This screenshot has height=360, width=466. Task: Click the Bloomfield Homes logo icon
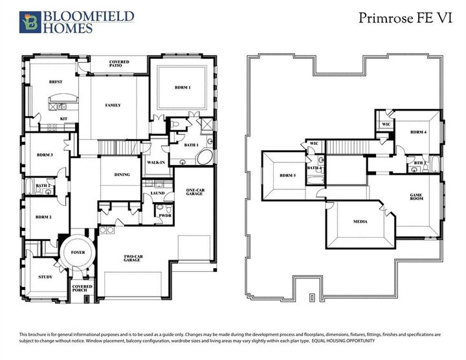(30, 21)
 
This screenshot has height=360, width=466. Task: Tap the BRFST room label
(56, 83)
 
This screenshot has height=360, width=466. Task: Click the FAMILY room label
(113, 105)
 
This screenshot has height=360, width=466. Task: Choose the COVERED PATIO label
(119, 63)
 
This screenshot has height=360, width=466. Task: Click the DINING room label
(122, 174)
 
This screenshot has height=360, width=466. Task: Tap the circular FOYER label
(78, 251)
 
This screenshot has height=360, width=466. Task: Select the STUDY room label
(45, 277)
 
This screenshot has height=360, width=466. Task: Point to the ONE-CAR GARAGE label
(195, 192)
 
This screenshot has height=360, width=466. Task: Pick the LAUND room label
(157, 193)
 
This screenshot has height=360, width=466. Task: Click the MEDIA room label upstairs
(361, 222)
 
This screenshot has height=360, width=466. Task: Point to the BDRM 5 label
(287, 175)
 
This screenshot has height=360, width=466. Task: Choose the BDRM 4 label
(418, 132)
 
